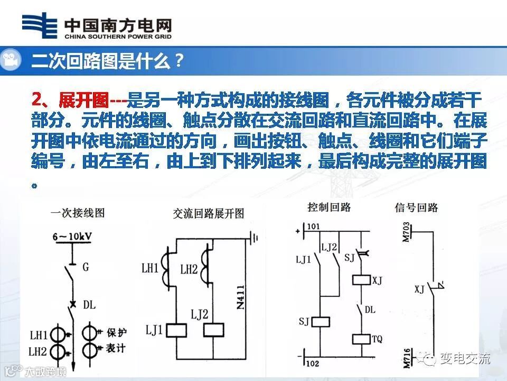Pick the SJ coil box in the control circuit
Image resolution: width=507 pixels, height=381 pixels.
pos(322,321)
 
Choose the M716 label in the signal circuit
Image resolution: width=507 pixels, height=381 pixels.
pos(406,357)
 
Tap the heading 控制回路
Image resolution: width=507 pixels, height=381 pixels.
pos(329,207)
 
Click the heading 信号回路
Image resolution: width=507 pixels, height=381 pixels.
pos(416,207)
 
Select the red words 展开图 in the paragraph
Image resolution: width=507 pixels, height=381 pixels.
pos(84,99)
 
